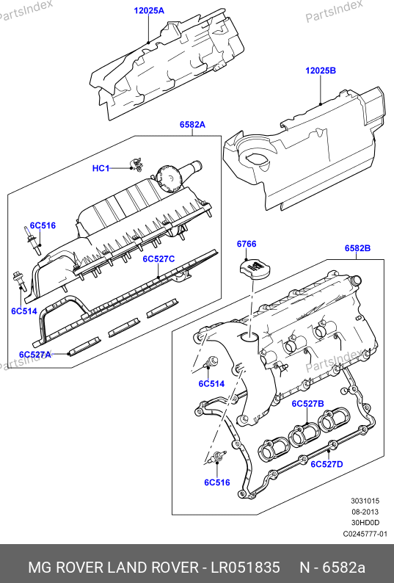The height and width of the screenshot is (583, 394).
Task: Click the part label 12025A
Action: click(149, 10)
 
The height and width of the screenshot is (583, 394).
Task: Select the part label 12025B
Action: click(321, 70)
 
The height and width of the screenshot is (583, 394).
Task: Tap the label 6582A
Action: click(192, 125)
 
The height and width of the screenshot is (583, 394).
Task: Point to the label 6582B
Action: click(357, 248)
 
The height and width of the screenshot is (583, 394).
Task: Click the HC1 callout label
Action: click(101, 168)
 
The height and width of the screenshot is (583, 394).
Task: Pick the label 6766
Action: click(247, 244)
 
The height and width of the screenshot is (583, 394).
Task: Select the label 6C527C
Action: click(158, 258)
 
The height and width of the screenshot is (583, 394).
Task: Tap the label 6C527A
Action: click(35, 355)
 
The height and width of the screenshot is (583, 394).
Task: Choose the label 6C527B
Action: click(307, 403)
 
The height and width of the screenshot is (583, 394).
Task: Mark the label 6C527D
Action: click(326, 464)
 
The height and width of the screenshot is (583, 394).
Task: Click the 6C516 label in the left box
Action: click(43, 225)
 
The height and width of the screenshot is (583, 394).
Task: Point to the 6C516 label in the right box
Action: click(217, 482)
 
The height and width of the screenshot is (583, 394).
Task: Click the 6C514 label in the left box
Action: click(24, 311)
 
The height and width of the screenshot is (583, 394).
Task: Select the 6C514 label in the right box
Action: click(211, 383)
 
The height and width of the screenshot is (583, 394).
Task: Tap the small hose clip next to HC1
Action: click(136, 164)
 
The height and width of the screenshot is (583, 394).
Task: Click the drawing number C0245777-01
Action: click(365, 534)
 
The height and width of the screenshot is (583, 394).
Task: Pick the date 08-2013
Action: click(365, 512)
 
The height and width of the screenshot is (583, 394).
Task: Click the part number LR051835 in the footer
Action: click(245, 568)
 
